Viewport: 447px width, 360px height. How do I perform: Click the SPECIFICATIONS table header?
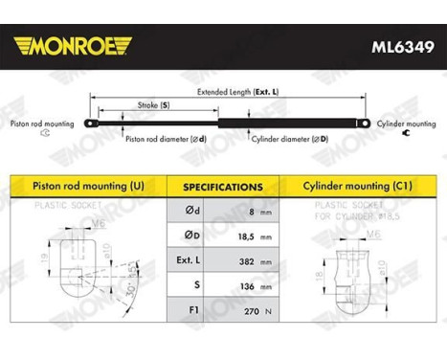[x=222, y=187]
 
